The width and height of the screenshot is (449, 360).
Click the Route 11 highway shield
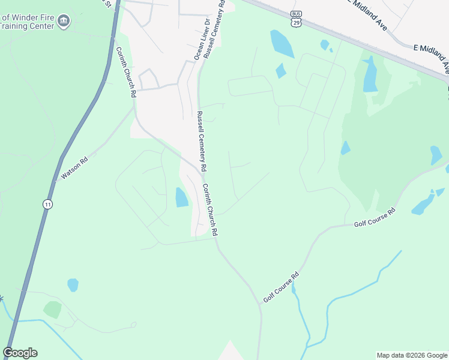coord(47,205)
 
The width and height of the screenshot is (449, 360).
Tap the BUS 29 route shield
coord(295,19)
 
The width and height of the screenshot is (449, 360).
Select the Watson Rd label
coord(74,169)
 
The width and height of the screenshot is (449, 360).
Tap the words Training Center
coord(28,27)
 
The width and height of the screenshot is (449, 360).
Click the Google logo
coord(20,353)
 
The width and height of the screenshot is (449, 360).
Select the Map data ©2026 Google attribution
coord(412,355)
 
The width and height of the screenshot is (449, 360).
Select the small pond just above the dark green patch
coord(73,284)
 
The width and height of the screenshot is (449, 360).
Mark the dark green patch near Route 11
coord(52,310)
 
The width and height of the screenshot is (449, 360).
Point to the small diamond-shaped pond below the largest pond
coord(281,71)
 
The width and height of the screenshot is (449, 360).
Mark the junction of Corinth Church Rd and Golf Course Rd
coord(261,304)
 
